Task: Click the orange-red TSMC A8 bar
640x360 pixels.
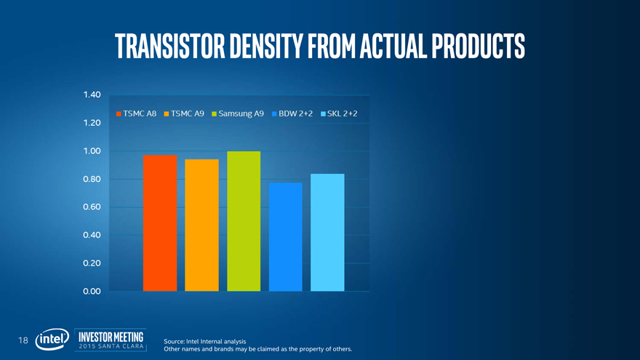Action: pos(160,223)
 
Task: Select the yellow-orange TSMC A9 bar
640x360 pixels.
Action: pos(201,225)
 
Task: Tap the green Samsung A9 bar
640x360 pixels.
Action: pos(244,221)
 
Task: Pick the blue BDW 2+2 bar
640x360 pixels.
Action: pos(285,236)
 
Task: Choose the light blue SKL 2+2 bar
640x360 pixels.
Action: pos(327,232)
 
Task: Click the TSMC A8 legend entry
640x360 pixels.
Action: pos(137,114)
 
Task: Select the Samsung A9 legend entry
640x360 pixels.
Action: pos(238,114)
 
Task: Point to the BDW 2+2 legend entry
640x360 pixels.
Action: pos(292,114)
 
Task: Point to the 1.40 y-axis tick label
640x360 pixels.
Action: pos(92,95)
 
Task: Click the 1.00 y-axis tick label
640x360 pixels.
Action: pos(92,151)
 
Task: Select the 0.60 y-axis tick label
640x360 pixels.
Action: pos(92,207)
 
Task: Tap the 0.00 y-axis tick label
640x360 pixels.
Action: pos(92,292)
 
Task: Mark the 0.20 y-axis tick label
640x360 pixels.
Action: pos(92,263)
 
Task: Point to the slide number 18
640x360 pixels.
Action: pos(23,340)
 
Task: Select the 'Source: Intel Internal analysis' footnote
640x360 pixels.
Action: pos(205,341)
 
